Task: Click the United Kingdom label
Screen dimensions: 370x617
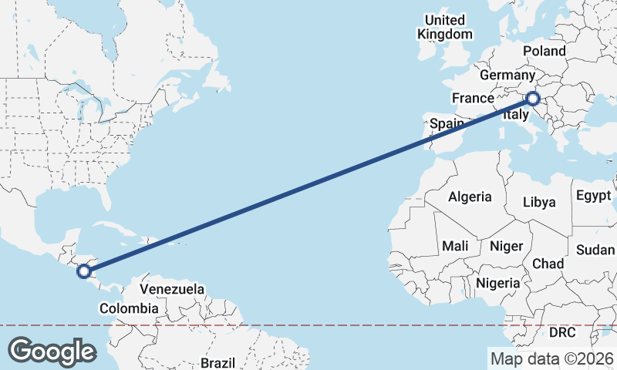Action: [x=445, y=27]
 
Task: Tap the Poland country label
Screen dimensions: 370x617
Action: [x=544, y=51]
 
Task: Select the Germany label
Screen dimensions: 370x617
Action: [x=507, y=76]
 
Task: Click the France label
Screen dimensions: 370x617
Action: [x=472, y=98]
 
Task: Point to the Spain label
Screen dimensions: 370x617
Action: [x=447, y=123]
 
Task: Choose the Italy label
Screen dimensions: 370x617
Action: [x=515, y=115]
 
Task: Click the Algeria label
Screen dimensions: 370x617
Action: [x=470, y=197]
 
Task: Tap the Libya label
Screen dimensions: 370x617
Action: [x=539, y=202]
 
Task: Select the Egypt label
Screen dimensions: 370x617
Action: [x=594, y=196]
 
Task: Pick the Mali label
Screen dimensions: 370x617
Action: [x=455, y=246]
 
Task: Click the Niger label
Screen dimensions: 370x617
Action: [x=507, y=246]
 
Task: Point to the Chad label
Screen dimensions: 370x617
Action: [x=548, y=264]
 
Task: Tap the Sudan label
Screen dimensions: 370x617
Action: [x=595, y=250]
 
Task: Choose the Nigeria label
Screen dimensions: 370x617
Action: [x=497, y=283]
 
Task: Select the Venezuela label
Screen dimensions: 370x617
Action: [x=172, y=290]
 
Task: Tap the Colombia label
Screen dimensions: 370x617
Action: [x=129, y=309]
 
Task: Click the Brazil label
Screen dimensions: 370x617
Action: [x=217, y=362]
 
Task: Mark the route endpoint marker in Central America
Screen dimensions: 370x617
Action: [x=84, y=271]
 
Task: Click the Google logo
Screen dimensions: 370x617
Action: [x=52, y=351]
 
